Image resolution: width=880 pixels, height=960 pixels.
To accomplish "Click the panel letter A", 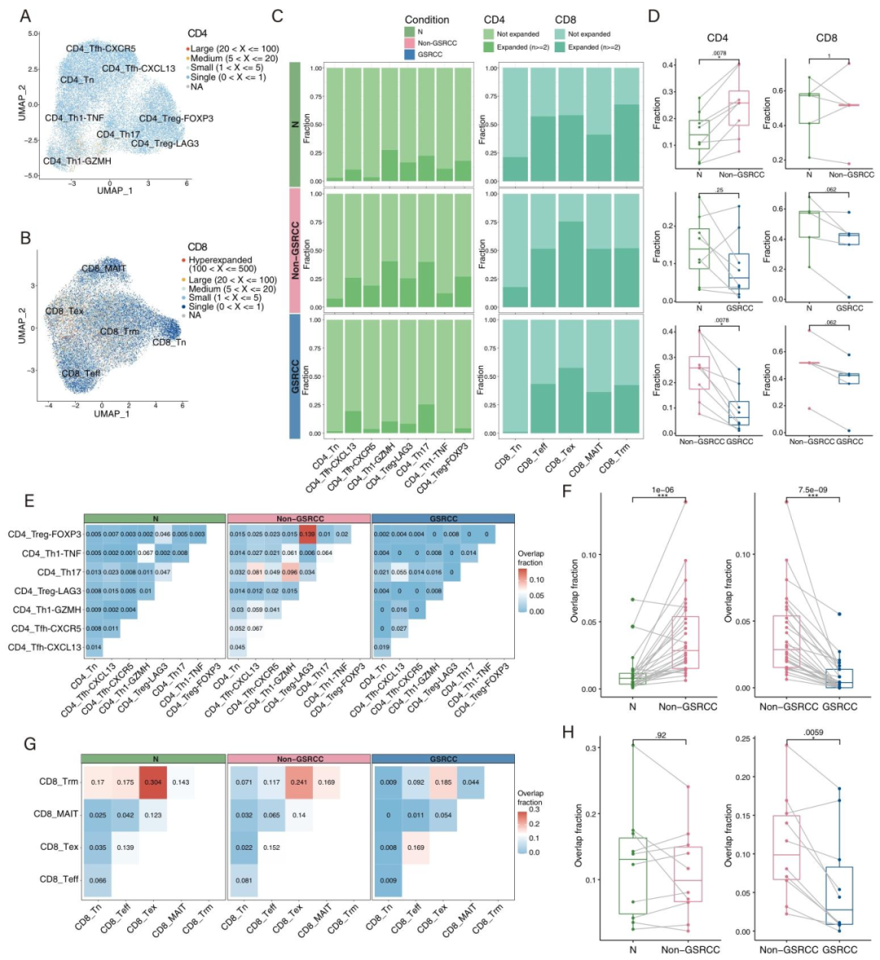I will coord(26,15).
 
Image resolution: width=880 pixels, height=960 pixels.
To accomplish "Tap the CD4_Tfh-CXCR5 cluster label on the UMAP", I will coord(101,49).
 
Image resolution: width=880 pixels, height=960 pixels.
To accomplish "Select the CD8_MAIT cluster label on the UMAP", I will coord(103,269).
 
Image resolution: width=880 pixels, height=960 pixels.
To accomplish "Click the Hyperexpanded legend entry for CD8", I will coord(220,260).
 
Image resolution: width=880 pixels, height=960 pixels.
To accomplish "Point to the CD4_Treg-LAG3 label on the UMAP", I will coord(165,143).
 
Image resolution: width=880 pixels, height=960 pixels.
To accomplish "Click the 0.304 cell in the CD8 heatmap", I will coord(152,782).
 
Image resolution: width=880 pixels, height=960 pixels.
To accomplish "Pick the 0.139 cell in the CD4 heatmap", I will coord(307,535).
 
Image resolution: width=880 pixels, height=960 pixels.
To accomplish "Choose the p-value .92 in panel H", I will coord(659,735).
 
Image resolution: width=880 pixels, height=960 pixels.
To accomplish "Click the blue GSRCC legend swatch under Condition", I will coord(411,55).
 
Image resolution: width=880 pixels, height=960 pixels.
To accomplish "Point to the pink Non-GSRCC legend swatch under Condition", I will coord(411,43).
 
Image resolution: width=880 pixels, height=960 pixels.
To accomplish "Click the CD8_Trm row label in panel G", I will coord(59,782).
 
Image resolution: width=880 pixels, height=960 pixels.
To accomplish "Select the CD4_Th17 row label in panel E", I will coord(59,572).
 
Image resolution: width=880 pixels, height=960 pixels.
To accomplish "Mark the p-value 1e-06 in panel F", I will coord(659,490).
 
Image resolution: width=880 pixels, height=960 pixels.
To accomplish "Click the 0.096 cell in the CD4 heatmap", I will coord(289,572).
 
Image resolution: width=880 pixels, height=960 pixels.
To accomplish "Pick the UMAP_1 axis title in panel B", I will coord(112,413).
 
